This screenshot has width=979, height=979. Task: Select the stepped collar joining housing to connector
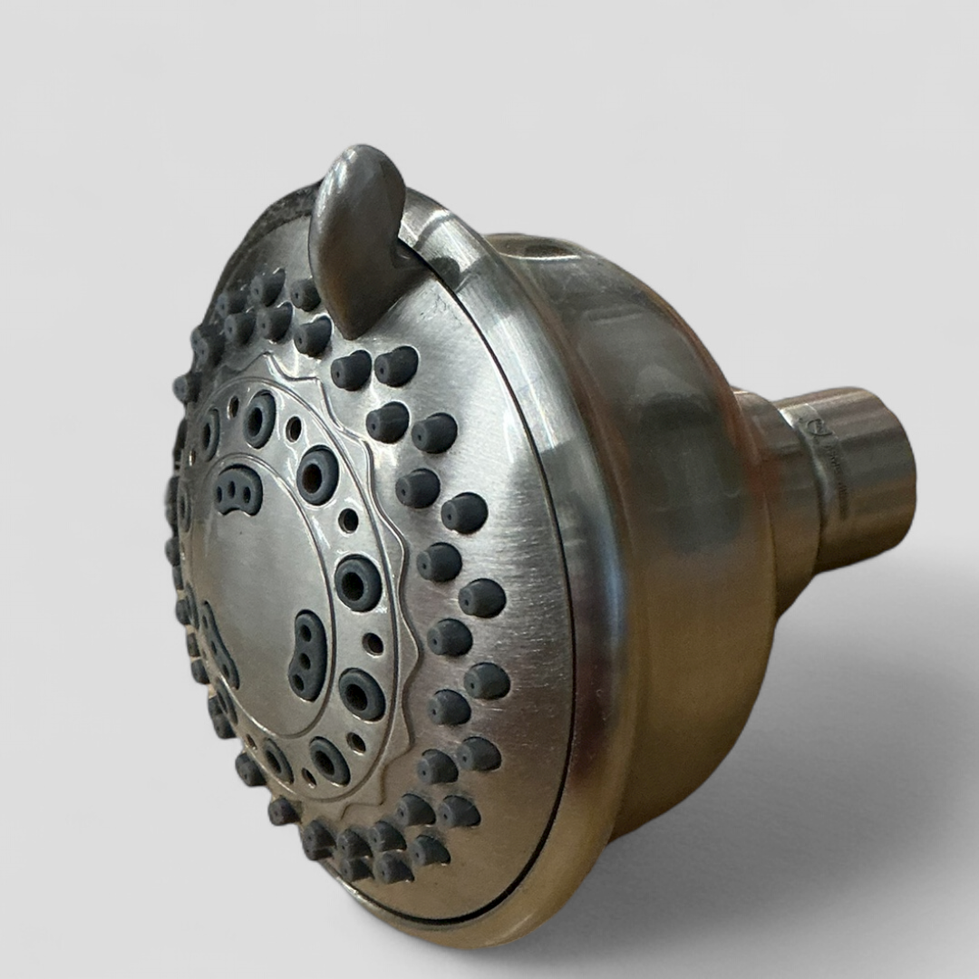click(x=771, y=489)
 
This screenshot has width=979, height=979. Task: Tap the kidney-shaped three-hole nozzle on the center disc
click(x=307, y=654)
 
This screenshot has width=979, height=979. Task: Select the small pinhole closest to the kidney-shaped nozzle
click(x=373, y=643)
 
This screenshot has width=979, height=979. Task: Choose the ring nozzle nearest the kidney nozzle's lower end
click(x=361, y=695)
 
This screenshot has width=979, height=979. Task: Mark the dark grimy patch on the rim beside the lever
click(x=272, y=218)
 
